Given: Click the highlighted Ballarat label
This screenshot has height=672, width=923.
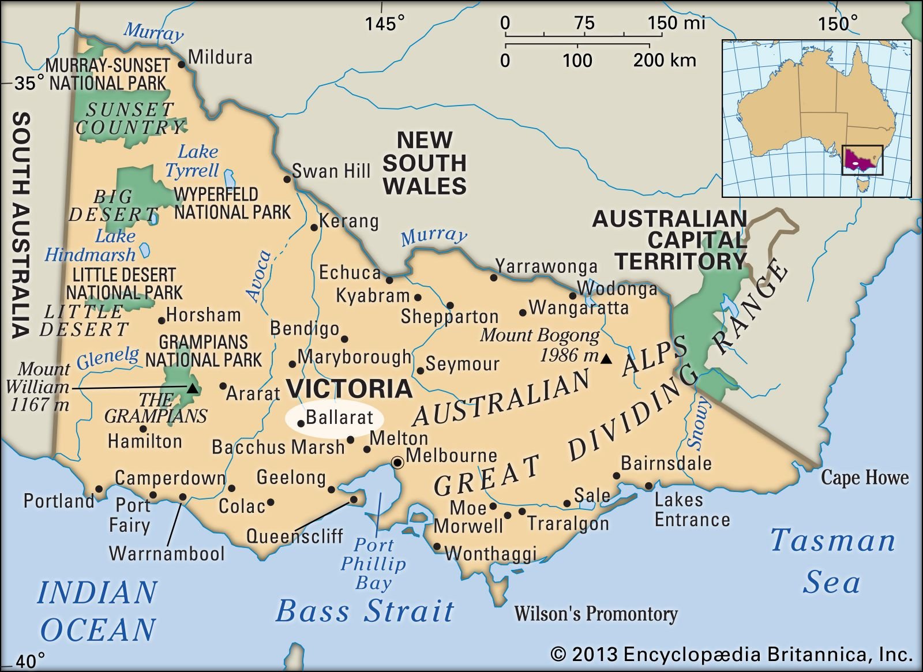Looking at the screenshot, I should (x=339, y=417).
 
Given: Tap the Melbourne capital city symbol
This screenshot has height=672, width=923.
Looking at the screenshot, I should (x=397, y=463).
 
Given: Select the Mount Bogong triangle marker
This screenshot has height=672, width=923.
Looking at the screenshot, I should (x=606, y=359).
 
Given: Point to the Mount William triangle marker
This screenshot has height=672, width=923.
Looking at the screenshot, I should (x=193, y=389).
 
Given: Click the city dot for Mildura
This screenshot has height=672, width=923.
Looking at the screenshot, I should (x=182, y=64).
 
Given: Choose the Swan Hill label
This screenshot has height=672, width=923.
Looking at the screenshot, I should (x=331, y=171).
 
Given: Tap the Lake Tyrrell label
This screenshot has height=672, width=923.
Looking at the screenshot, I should (x=193, y=161).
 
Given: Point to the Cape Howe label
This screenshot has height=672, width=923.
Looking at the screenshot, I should (x=864, y=478).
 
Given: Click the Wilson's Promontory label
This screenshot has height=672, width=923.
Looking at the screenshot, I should (x=595, y=614).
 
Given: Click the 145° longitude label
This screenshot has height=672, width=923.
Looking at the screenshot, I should (x=384, y=23).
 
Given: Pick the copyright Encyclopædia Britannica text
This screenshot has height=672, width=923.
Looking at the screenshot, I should (x=731, y=655).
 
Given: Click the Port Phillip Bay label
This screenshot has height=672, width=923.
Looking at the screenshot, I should (x=373, y=564).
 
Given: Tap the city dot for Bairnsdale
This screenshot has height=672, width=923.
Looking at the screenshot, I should (x=616, y=476).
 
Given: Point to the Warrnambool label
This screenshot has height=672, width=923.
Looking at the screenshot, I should (x=167, y=554).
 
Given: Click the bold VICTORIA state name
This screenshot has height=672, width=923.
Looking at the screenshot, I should (x=350, y=388).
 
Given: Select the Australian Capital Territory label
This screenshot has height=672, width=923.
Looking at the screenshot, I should (x=670, y=240).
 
